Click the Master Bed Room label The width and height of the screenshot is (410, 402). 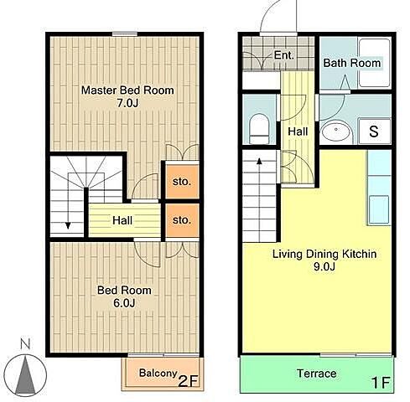pos(127,90)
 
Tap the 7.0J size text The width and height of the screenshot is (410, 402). pos(127,103)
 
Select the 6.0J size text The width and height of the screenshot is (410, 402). pos(124,303)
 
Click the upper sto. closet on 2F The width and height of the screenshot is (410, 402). pos(182,182)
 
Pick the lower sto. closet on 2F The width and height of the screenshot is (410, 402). pos(182,220)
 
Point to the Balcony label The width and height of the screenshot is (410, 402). pos(158,373)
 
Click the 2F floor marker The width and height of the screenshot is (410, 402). pos(188,381)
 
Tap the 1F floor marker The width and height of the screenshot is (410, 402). pos(381,383)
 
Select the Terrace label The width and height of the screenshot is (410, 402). pos(317,374)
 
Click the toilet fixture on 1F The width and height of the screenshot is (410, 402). pos(259,128)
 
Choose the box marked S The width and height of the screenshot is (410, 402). pos(374,131)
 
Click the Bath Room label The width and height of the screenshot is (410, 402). pos(352,63)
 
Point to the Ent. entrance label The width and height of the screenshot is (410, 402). pos(284,55)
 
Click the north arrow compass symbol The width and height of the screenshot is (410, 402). pos(25,376)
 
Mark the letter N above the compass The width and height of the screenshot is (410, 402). pos(25,344)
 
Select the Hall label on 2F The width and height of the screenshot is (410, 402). pos(122,220)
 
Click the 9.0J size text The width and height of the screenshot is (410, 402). pos(324,266)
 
